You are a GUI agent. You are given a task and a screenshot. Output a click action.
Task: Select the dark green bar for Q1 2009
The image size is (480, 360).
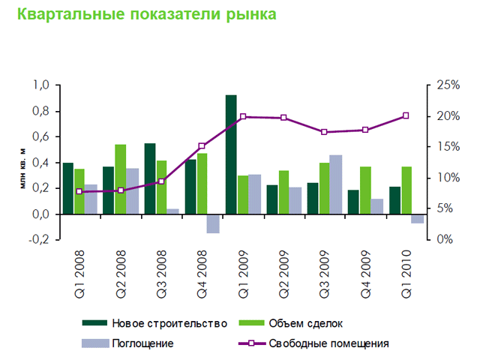231,154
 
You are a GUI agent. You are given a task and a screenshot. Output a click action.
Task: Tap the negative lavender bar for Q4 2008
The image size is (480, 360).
213,223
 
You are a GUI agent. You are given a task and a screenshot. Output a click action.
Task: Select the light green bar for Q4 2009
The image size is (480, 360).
365,190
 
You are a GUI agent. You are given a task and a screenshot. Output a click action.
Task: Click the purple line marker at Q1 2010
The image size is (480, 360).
406,115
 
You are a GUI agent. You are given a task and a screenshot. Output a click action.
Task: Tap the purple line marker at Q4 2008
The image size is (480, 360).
202,146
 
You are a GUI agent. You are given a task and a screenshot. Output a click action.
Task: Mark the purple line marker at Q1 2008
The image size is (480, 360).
79,191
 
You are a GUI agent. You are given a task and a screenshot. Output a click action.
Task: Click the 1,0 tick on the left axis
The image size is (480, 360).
41,85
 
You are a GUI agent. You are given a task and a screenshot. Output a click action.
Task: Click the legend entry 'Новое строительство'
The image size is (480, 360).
169,324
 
